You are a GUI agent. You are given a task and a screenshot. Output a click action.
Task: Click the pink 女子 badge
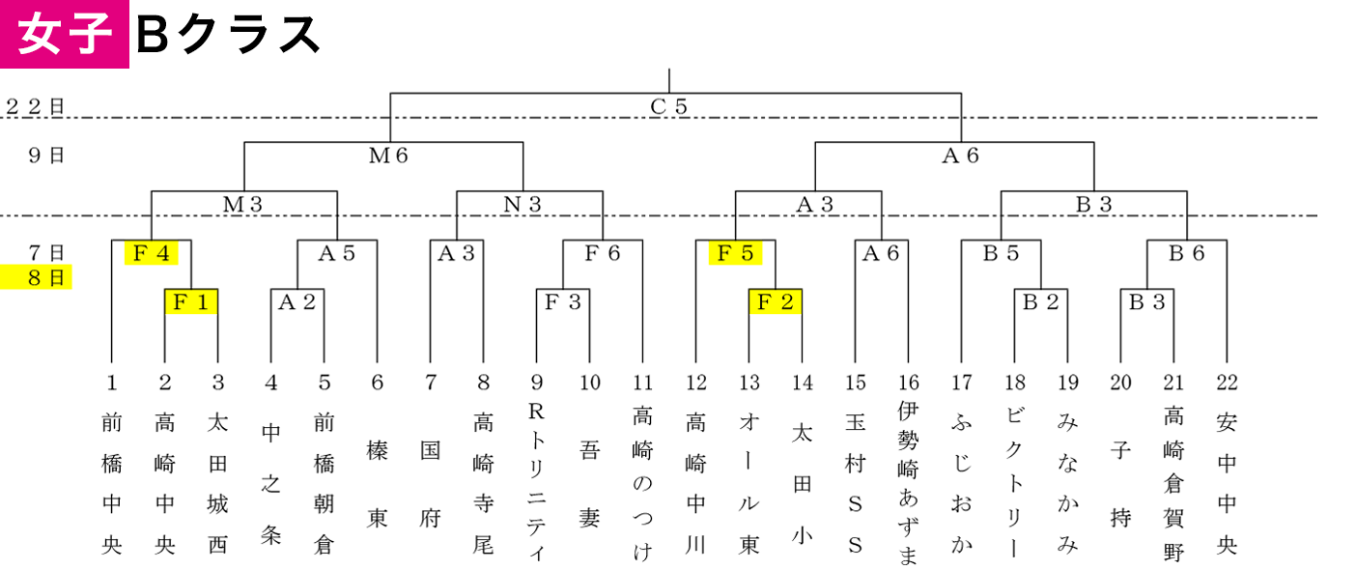(x=64, y=34)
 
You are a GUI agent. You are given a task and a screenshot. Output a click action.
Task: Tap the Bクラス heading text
(x=228, y=35)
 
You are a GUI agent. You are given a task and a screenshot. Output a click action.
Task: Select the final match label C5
(x=669, y=106)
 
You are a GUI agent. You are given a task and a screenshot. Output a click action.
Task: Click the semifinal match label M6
(x=388, y=156)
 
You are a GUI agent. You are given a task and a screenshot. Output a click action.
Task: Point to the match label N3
(x=523, y=205)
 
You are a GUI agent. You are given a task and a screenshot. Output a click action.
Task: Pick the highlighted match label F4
(x=152, y=252)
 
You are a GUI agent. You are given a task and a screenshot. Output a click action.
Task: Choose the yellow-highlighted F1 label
(x=191, y=301)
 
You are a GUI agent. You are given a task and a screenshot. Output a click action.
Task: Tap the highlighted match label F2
(x=776, y=301)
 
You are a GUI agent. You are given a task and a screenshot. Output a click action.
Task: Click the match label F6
(x=603, y=252)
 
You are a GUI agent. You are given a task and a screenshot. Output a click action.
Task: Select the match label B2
(x=1040, y=301)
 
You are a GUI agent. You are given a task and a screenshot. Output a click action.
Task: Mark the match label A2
(x=297, y=301)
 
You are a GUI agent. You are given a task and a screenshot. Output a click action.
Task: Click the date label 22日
(x=35, y=106)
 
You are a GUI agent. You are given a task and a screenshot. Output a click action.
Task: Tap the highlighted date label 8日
(x=37, y=277)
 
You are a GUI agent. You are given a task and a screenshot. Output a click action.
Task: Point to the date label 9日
(x=46, y=156)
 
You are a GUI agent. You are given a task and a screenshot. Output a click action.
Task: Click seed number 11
(x=643, y=383)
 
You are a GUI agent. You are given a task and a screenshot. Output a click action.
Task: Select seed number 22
(x=1227, y=383)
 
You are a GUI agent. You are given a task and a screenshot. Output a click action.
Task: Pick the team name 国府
(x=431, y=484)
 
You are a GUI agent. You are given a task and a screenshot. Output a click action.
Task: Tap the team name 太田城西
(x=218, y=483)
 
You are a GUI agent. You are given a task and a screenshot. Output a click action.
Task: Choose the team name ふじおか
(x=961, y=483)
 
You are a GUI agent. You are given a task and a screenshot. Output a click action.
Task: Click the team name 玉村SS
(x=856, y=483)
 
